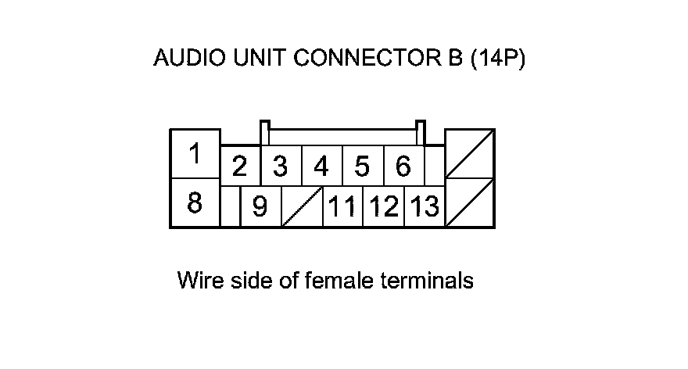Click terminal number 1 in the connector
(x=195, y=153)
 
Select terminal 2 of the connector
(x=240, y=166)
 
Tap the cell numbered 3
(x=281, y=166)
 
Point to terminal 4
(x=321, y=166)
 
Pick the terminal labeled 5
(x=363, y=166)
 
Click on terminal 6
(x=403, y=166)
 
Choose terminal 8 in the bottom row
(x=195, y=202)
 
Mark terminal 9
(x=260, y=206)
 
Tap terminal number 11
(x=342, y=206)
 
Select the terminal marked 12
(x=384, y=206)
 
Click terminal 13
(x=425, y=206)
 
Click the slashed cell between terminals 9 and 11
(x=303, y=206)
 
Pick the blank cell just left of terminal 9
(x=231, y=206)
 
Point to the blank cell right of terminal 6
(x=435, y=166)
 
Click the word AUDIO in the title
(x=189, y=58)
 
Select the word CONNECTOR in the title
(x=367, y=58)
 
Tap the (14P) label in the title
(x=498, y=58)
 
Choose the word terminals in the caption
(x=427, y=281)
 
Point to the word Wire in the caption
(x=200, y=281)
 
